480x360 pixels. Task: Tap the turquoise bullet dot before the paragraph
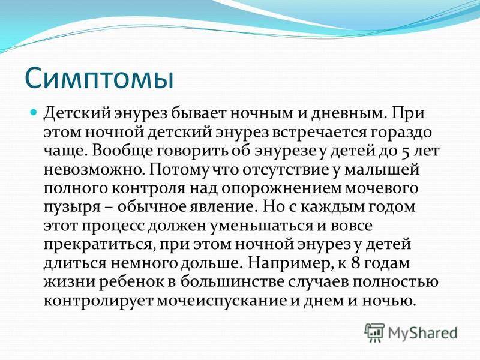(34, 112)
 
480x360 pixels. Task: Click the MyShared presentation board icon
(374, 333)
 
